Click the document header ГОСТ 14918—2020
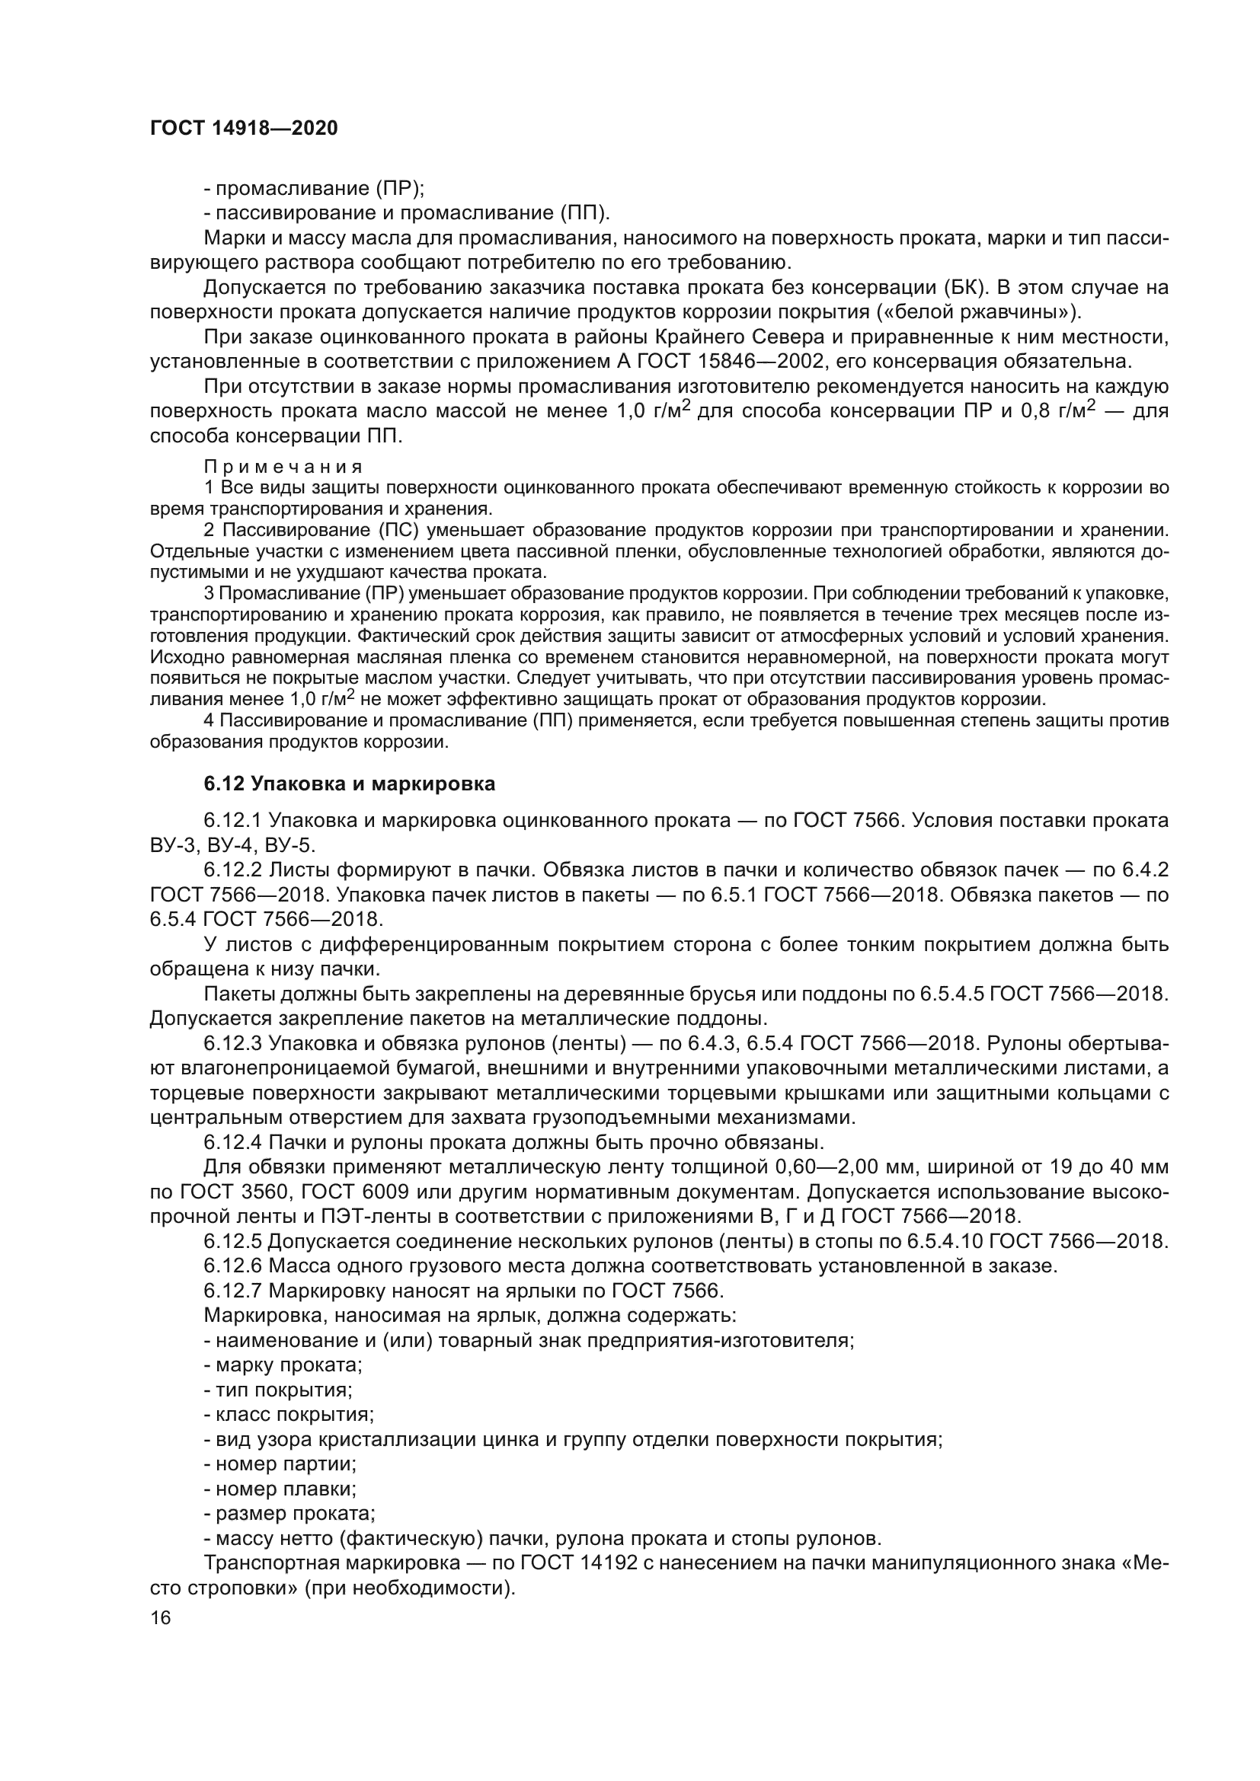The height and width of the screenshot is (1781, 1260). pyautogui.click(x=244, y=128)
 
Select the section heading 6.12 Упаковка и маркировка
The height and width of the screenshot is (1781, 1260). pyautogui.click(x=349, y=784)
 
